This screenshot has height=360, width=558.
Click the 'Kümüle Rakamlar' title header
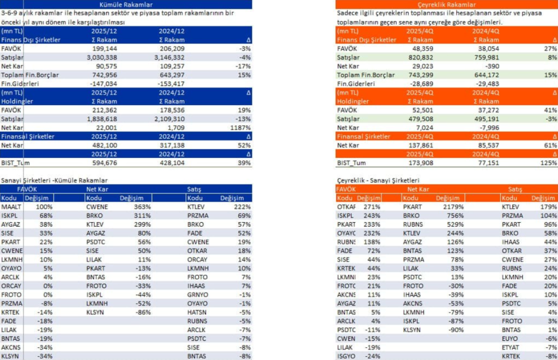[126, 4]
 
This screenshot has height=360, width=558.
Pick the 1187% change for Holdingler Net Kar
[241, 127]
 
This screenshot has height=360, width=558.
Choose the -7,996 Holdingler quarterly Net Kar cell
[487, 127]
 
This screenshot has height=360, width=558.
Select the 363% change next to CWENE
[143, 207]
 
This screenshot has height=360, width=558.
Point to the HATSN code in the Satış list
[197, 312]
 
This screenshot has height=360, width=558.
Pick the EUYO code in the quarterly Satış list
[511, 338]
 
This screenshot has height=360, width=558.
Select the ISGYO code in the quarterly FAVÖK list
[347, 356]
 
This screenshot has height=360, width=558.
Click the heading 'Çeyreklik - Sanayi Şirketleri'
[378, 180]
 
